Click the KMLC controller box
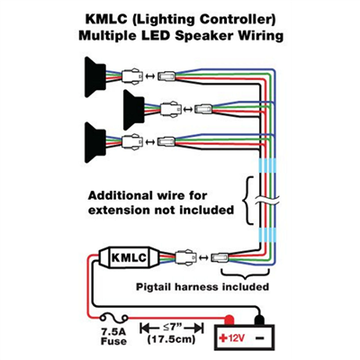pyautogui.click(x=128, y=257)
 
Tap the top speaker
pyautogui.click(x=95, y=77)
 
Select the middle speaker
pyautogui.click(x=134, y=110)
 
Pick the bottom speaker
pyautogui.click(x=95, y=142)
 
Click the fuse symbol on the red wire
pyautogui.click(x=114, y=318)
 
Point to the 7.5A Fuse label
pyautogui.click(x=113, y=337)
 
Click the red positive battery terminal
pyautogui.click(x=229, y=319)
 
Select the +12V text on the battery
pyautogui.click(x=232, y=338)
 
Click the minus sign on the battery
pyautogui.click(x=260, y=338)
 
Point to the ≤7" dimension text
pyautogui.click(x=171, y=327)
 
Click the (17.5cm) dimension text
pyautogui.click(x=171, y=339)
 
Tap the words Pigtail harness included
pyautogui.click(x=202, y=287)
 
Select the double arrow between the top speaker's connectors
pyautogui.click(x=149, y=76)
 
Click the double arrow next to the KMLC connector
pyautogui.click(x=203, y=257)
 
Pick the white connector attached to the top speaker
pyautogui.click(x=131, y=76)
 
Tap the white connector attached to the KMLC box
pyautogui.click(x=186, y=257)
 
